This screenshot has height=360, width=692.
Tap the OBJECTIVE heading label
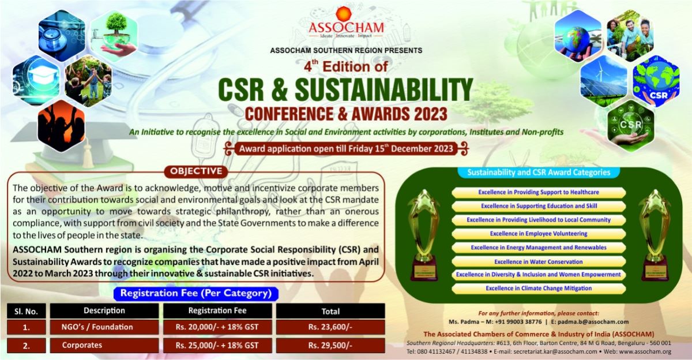pyautogui.click(x=195, y=171)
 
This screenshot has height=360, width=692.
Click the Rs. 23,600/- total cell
pyautogui.click(x=330, y=327)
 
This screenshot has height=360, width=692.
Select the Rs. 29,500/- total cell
pyautogui.click(x=330, y=346)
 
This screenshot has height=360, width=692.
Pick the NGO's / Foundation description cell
pyautogui.click(x=97, y=327)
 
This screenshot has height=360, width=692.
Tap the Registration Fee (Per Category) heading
pyautogui.click(x=195, y=293)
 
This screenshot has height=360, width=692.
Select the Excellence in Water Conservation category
pyautogui.click(x=538, y=261)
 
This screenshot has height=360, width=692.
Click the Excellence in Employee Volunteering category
pyautogui.click(x=538, y=234)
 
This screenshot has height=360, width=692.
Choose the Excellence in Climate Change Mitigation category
pyautogui.click(x=538, y=288)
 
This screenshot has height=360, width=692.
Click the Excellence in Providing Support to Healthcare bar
pyautogui.click(x=538, y=192)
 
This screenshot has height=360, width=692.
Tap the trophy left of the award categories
pyautogui.click(x=424, y=234)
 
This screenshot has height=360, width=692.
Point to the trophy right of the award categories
pyautogui.click(x=655, y=234)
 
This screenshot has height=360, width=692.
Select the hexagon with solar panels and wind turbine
pyautogui.click(x=603, y=81)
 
